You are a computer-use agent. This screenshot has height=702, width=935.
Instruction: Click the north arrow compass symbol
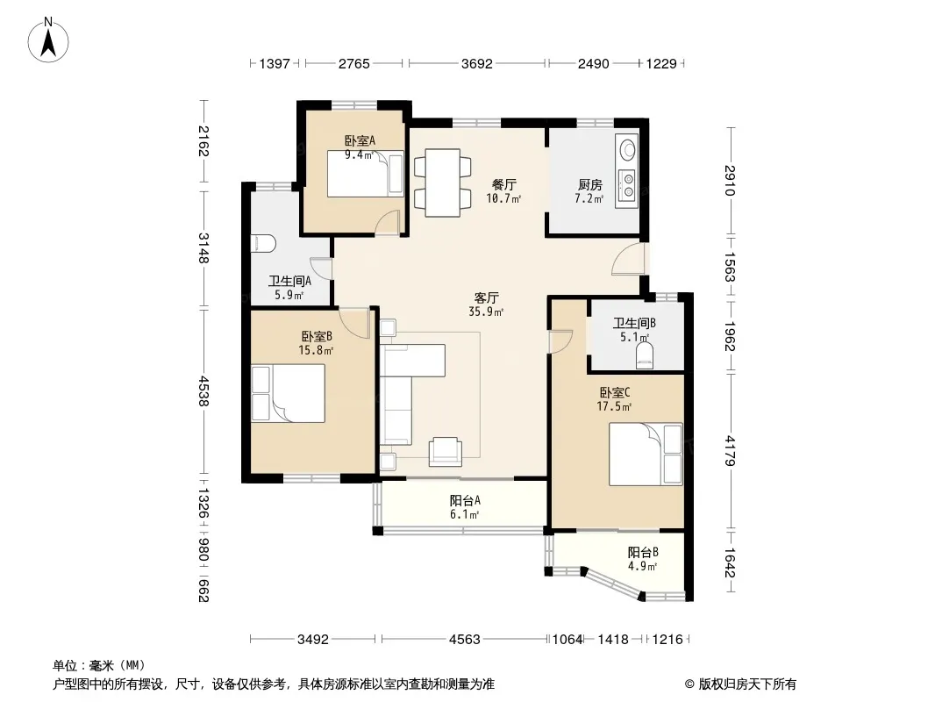pyautogui.click(x=48, y=40)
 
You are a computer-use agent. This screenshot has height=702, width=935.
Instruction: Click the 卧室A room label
pyautogui.click(x=360, y=140)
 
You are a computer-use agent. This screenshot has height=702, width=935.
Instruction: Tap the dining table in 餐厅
pyautogui.click(x=442, y=183)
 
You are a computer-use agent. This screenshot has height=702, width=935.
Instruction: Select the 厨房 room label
pyautogui.click(x=589, y=184)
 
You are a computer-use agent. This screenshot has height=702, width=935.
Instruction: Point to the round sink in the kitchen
pyautogui.click(x=627, y=149)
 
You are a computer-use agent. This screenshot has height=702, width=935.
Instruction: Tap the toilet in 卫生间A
pyautogui.click(x=263, y=243)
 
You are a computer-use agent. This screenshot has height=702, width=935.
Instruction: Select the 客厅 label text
pyautogui.click(x=486, y=297)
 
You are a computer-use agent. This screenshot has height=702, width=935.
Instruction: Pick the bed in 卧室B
pyautogui.click(x=288, y=393)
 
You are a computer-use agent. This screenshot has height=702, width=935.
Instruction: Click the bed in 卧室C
pyautogui.click(x=646, y=454)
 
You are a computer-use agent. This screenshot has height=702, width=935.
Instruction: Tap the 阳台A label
pyautogui.click(x=465, y=500)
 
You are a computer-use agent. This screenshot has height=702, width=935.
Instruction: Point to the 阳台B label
pyautogui.click(x=642, y=552)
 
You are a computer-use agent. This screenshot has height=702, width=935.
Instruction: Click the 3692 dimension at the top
pyautogui.click(x=477, y=64)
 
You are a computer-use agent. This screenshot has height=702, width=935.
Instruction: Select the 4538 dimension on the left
pyautogui.click(x=203, y=390)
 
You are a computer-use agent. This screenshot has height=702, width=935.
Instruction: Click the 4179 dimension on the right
pyautogui.click(x=731, y=451)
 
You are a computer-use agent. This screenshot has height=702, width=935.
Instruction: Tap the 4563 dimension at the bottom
pyautogui.click(x=465, y=640)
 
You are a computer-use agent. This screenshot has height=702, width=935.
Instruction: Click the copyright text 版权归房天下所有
pyautogui.click(x=747, y=684)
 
